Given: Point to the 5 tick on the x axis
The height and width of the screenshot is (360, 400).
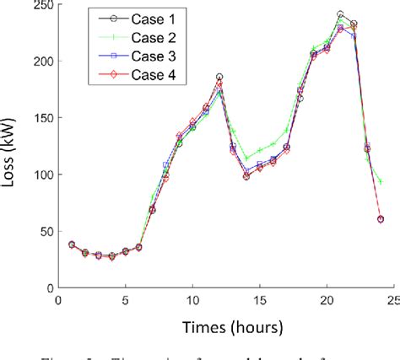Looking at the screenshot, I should (125, 299).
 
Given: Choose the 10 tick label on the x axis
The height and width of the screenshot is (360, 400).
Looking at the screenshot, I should (192, 299).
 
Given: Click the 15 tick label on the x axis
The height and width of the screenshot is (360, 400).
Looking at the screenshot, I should (260, 299).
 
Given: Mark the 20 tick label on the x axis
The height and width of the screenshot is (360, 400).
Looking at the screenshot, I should (327, 299).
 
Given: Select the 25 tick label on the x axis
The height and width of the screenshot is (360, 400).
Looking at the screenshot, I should (394, 299).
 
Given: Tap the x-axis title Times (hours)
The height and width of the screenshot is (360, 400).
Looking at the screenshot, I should (226, 326).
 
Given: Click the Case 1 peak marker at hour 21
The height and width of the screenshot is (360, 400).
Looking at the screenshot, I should (340, 15).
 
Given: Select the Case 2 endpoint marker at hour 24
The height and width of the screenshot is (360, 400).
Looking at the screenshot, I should (381, 182).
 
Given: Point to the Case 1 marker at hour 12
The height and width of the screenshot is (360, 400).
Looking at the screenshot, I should (219, 77).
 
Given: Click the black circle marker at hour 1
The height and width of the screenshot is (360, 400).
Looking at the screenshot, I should (71, 244).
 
